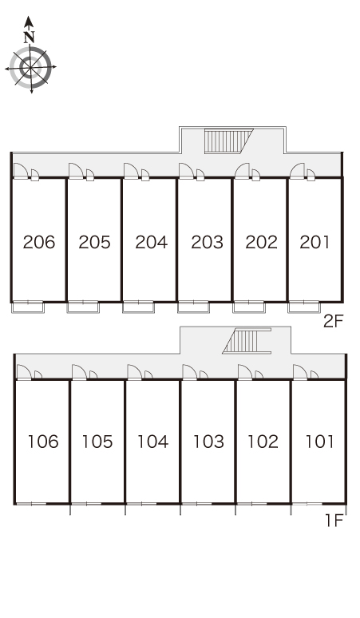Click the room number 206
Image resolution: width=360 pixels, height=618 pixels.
[39, 242]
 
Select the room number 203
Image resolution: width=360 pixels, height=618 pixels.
[208, 242]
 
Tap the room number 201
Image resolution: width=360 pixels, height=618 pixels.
[315, 242]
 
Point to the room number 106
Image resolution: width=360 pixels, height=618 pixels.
[43, 442]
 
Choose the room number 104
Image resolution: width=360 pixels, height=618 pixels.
[152, 442]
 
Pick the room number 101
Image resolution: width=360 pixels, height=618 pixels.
[320, 442]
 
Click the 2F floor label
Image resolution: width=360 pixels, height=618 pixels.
[334, 322]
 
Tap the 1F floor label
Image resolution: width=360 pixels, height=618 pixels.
[334, 521]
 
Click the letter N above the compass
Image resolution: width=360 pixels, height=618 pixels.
[29, 37]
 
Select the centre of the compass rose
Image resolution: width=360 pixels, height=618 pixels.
[30, 68]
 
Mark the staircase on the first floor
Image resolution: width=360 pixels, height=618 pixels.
[247, 341]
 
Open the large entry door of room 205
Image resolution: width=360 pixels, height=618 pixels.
[76, 171]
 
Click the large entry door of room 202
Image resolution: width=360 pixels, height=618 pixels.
[242, 171]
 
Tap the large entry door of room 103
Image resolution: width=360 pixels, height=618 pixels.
[189, 372]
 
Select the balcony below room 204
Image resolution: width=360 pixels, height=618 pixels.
[138, 307]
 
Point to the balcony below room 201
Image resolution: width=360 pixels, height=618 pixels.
[303, 307]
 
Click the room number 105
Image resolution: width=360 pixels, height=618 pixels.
[97, 442]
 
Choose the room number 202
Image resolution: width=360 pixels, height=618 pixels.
[262, 242]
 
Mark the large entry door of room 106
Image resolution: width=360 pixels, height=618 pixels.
[24, 372]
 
